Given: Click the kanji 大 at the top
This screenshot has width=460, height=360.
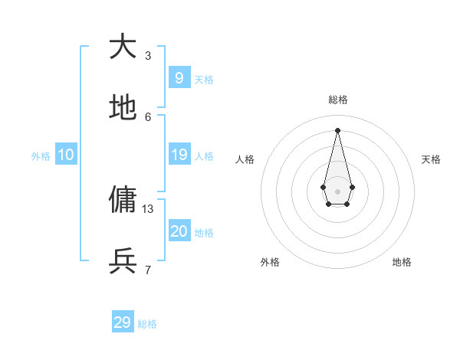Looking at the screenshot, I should click(123, 47).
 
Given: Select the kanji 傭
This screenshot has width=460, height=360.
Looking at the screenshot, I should click(123, 200).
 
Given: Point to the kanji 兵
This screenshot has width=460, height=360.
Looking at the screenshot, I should click(123, 261).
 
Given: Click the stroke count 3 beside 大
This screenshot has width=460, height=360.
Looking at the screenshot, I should click(148, 55).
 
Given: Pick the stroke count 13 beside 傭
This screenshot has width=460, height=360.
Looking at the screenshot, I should click(148, 208).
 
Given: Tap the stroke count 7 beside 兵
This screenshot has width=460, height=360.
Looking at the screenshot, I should click(148, 270).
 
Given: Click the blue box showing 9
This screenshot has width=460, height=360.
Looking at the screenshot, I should click(179, 77).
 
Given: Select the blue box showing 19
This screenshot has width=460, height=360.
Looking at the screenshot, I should click(179, 155).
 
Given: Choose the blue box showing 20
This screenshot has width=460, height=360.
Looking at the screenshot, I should click(179, 231).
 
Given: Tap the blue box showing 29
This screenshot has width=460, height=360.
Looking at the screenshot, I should click(123, 322).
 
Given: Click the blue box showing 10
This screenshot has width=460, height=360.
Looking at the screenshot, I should click(66, 155).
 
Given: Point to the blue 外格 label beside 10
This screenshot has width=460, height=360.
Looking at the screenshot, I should click(41, 156).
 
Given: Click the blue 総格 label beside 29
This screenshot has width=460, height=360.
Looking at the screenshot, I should click(147, 324).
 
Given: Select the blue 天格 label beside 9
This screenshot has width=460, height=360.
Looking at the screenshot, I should click(204, 80).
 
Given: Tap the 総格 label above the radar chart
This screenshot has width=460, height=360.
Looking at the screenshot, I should click(338, 100).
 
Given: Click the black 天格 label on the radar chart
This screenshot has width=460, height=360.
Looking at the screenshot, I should click(431, 159).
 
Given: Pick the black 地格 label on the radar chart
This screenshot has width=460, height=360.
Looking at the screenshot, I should click(402, 262).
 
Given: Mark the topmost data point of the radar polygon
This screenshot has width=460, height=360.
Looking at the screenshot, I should click(338, 129).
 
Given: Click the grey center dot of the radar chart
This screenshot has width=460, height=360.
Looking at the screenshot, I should click(338, 191).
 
